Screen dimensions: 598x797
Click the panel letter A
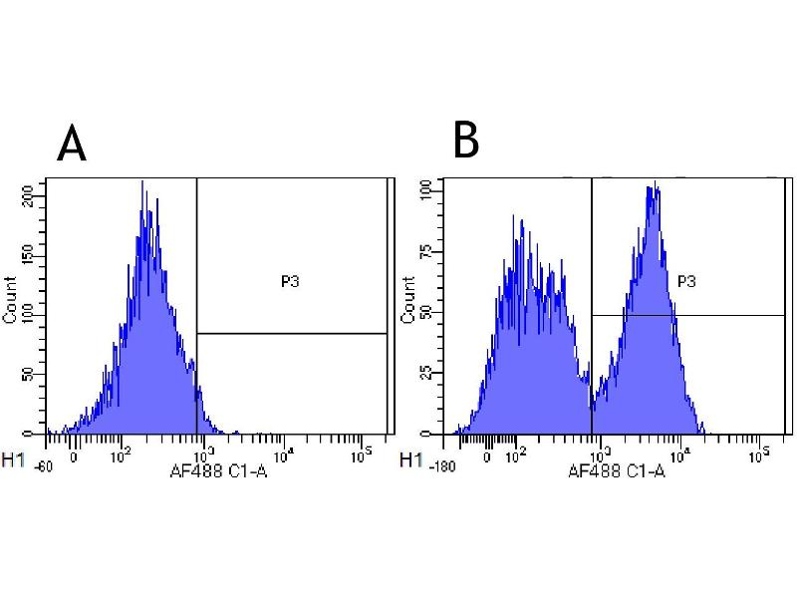point(72,144)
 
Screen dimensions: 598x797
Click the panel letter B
point(465,141)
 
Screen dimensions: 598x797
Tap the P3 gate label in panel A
point(290,282)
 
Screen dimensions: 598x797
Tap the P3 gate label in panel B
point(686,282)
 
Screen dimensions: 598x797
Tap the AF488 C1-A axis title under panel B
point(616,471)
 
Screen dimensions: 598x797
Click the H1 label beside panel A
point(14,461)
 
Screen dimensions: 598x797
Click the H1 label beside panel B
point(409,461)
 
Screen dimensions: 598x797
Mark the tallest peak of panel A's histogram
point(143,182)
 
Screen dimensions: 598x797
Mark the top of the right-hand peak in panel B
point(655,183)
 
